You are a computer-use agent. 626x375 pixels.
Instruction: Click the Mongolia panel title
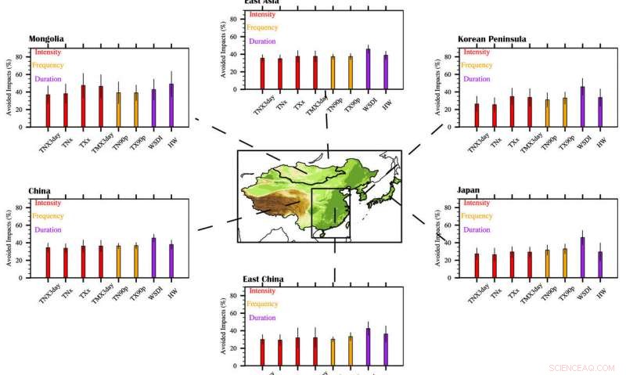pyautogui.click(x=46, y=38)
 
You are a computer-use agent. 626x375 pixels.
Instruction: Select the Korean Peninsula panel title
pyautogui.click(x=491, y=38)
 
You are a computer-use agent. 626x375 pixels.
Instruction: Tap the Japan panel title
pyautogui.click(x=469, y=189)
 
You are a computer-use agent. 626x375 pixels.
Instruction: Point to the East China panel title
pyautogui.click(x=263, y=279)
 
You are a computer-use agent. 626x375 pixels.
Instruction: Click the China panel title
pyautogui.click(x=40, y=190)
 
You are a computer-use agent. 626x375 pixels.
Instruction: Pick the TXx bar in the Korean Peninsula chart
pyautogui.click(x=511, y=111)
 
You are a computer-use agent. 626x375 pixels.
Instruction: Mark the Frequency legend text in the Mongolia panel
pyautogui.click(x=49, y=65)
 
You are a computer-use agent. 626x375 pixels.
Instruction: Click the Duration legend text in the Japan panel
pyautogui.click(x=477, y=229)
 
